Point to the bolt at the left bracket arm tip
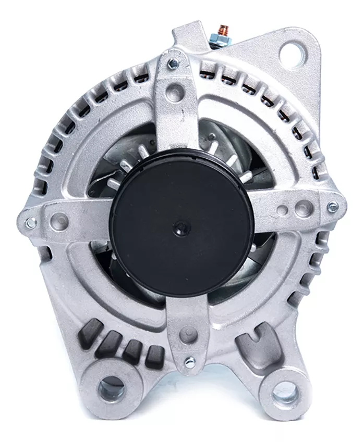pyautogui.click(x=30, y=222)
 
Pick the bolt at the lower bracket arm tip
pyautogui.click(x=190, y=360)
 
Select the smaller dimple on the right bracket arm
pyautogui.click(x=282, y=210)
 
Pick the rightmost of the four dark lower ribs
pyautogui.click(x=154, y=356)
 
